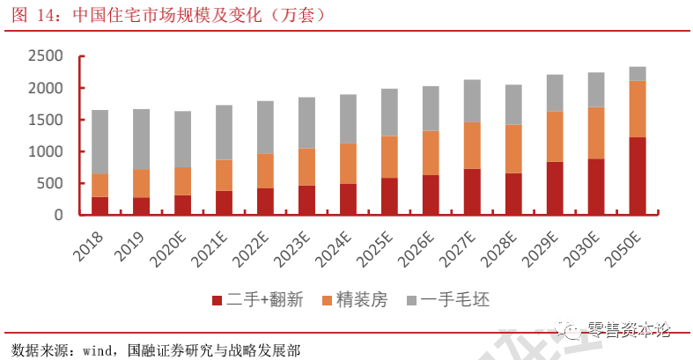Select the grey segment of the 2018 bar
100,142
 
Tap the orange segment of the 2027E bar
472,145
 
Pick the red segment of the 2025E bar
389,196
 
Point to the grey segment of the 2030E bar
596,90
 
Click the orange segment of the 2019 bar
141,183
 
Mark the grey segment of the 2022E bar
265,127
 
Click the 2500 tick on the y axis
45,56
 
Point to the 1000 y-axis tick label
45,151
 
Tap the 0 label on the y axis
59,215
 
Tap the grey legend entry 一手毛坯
454,300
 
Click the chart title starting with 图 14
167,15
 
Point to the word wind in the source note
98,350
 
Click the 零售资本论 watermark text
628,330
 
